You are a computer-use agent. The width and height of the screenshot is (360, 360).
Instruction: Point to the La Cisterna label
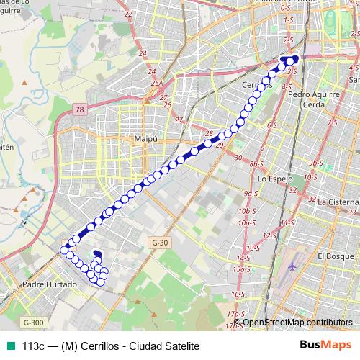[338, 202]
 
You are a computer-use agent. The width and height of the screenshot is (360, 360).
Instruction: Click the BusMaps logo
[325, 345]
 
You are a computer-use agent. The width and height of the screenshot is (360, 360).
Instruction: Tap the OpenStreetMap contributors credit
[293, 322]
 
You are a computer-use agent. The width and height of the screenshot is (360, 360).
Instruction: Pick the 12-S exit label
[270, 235]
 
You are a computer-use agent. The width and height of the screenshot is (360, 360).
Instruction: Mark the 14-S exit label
[243, 258]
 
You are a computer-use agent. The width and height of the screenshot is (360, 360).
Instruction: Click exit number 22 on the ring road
[148, 14]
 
